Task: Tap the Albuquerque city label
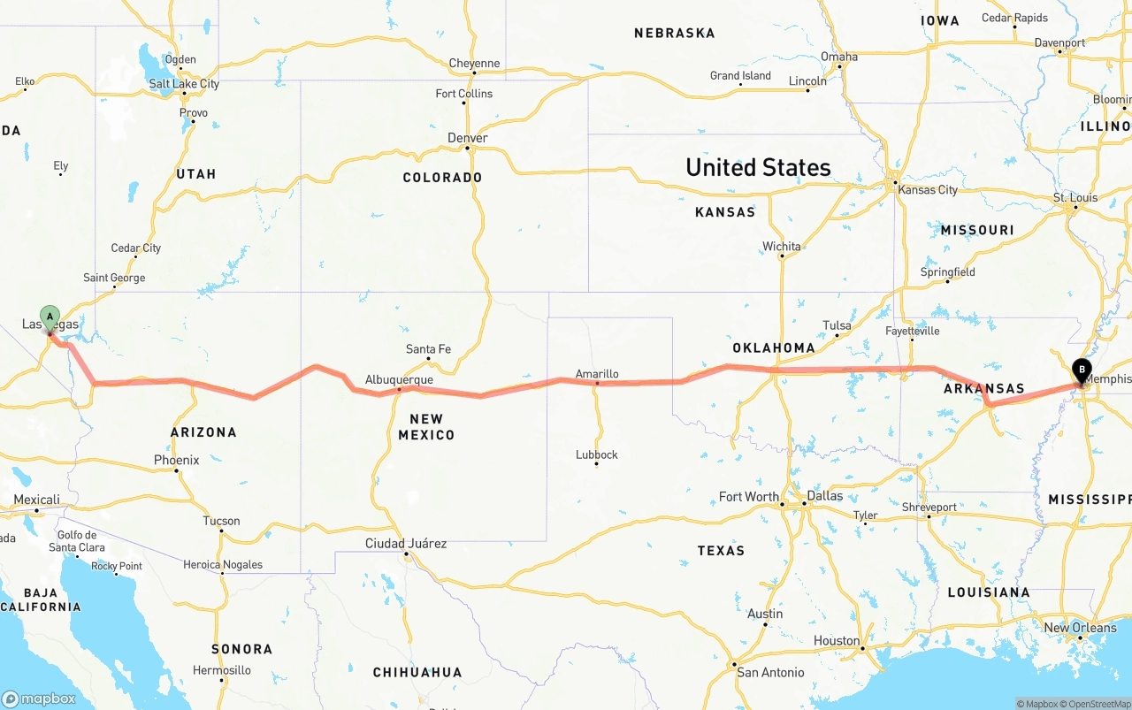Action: pos(399,379)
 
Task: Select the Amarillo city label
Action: pos(597,374)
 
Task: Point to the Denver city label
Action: pos(468,138)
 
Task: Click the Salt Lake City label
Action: pos(184,84)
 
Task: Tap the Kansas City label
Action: pos(927,190)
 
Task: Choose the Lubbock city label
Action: pos(596,454)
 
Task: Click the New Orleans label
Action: pos(1080,628)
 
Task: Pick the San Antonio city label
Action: pos(771,672)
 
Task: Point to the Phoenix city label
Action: pos(177,460)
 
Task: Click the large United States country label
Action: pos(758,167)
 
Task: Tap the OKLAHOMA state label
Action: pos(774,347)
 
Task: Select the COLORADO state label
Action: pos(442,177)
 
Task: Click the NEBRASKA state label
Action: pos(674,33)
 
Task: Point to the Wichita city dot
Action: pos(782,256)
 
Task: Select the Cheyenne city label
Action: pos(474,64)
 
